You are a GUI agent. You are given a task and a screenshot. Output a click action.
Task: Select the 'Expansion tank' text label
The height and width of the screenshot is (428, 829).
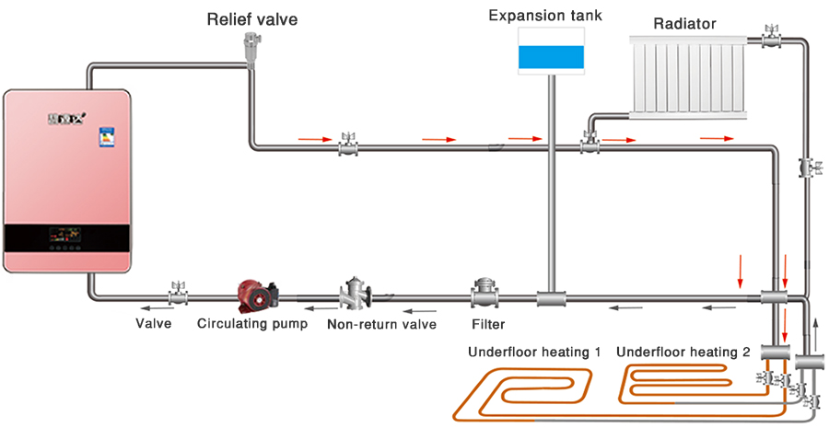coord(545,16)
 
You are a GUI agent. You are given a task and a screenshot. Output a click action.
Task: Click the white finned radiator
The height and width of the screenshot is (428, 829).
coord(690,77)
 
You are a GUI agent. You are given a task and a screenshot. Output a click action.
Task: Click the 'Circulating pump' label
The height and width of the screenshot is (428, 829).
coord(252,324)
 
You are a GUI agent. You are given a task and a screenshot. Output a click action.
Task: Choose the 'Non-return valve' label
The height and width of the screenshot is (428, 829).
coord(381,324)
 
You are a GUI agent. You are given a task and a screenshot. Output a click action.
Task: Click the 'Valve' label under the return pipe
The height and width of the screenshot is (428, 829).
coord(154,324)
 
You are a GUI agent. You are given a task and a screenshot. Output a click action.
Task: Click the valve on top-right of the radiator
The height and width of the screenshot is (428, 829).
coord(770,38)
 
